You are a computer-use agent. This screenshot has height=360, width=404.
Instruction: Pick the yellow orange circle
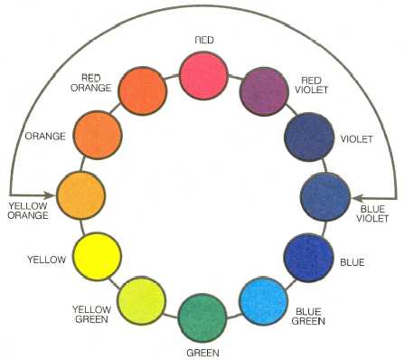[x=82, y=192]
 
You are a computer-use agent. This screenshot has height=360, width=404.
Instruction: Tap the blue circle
[x=309, y=256]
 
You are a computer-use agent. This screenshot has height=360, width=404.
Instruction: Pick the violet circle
[x=309, y=135]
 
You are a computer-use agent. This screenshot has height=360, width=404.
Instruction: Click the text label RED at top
[x=205, y=40]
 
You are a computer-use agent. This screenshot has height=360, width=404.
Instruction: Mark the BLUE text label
[x=352, y=262]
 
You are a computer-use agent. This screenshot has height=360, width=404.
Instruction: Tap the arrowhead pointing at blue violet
[x=354, y=193]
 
